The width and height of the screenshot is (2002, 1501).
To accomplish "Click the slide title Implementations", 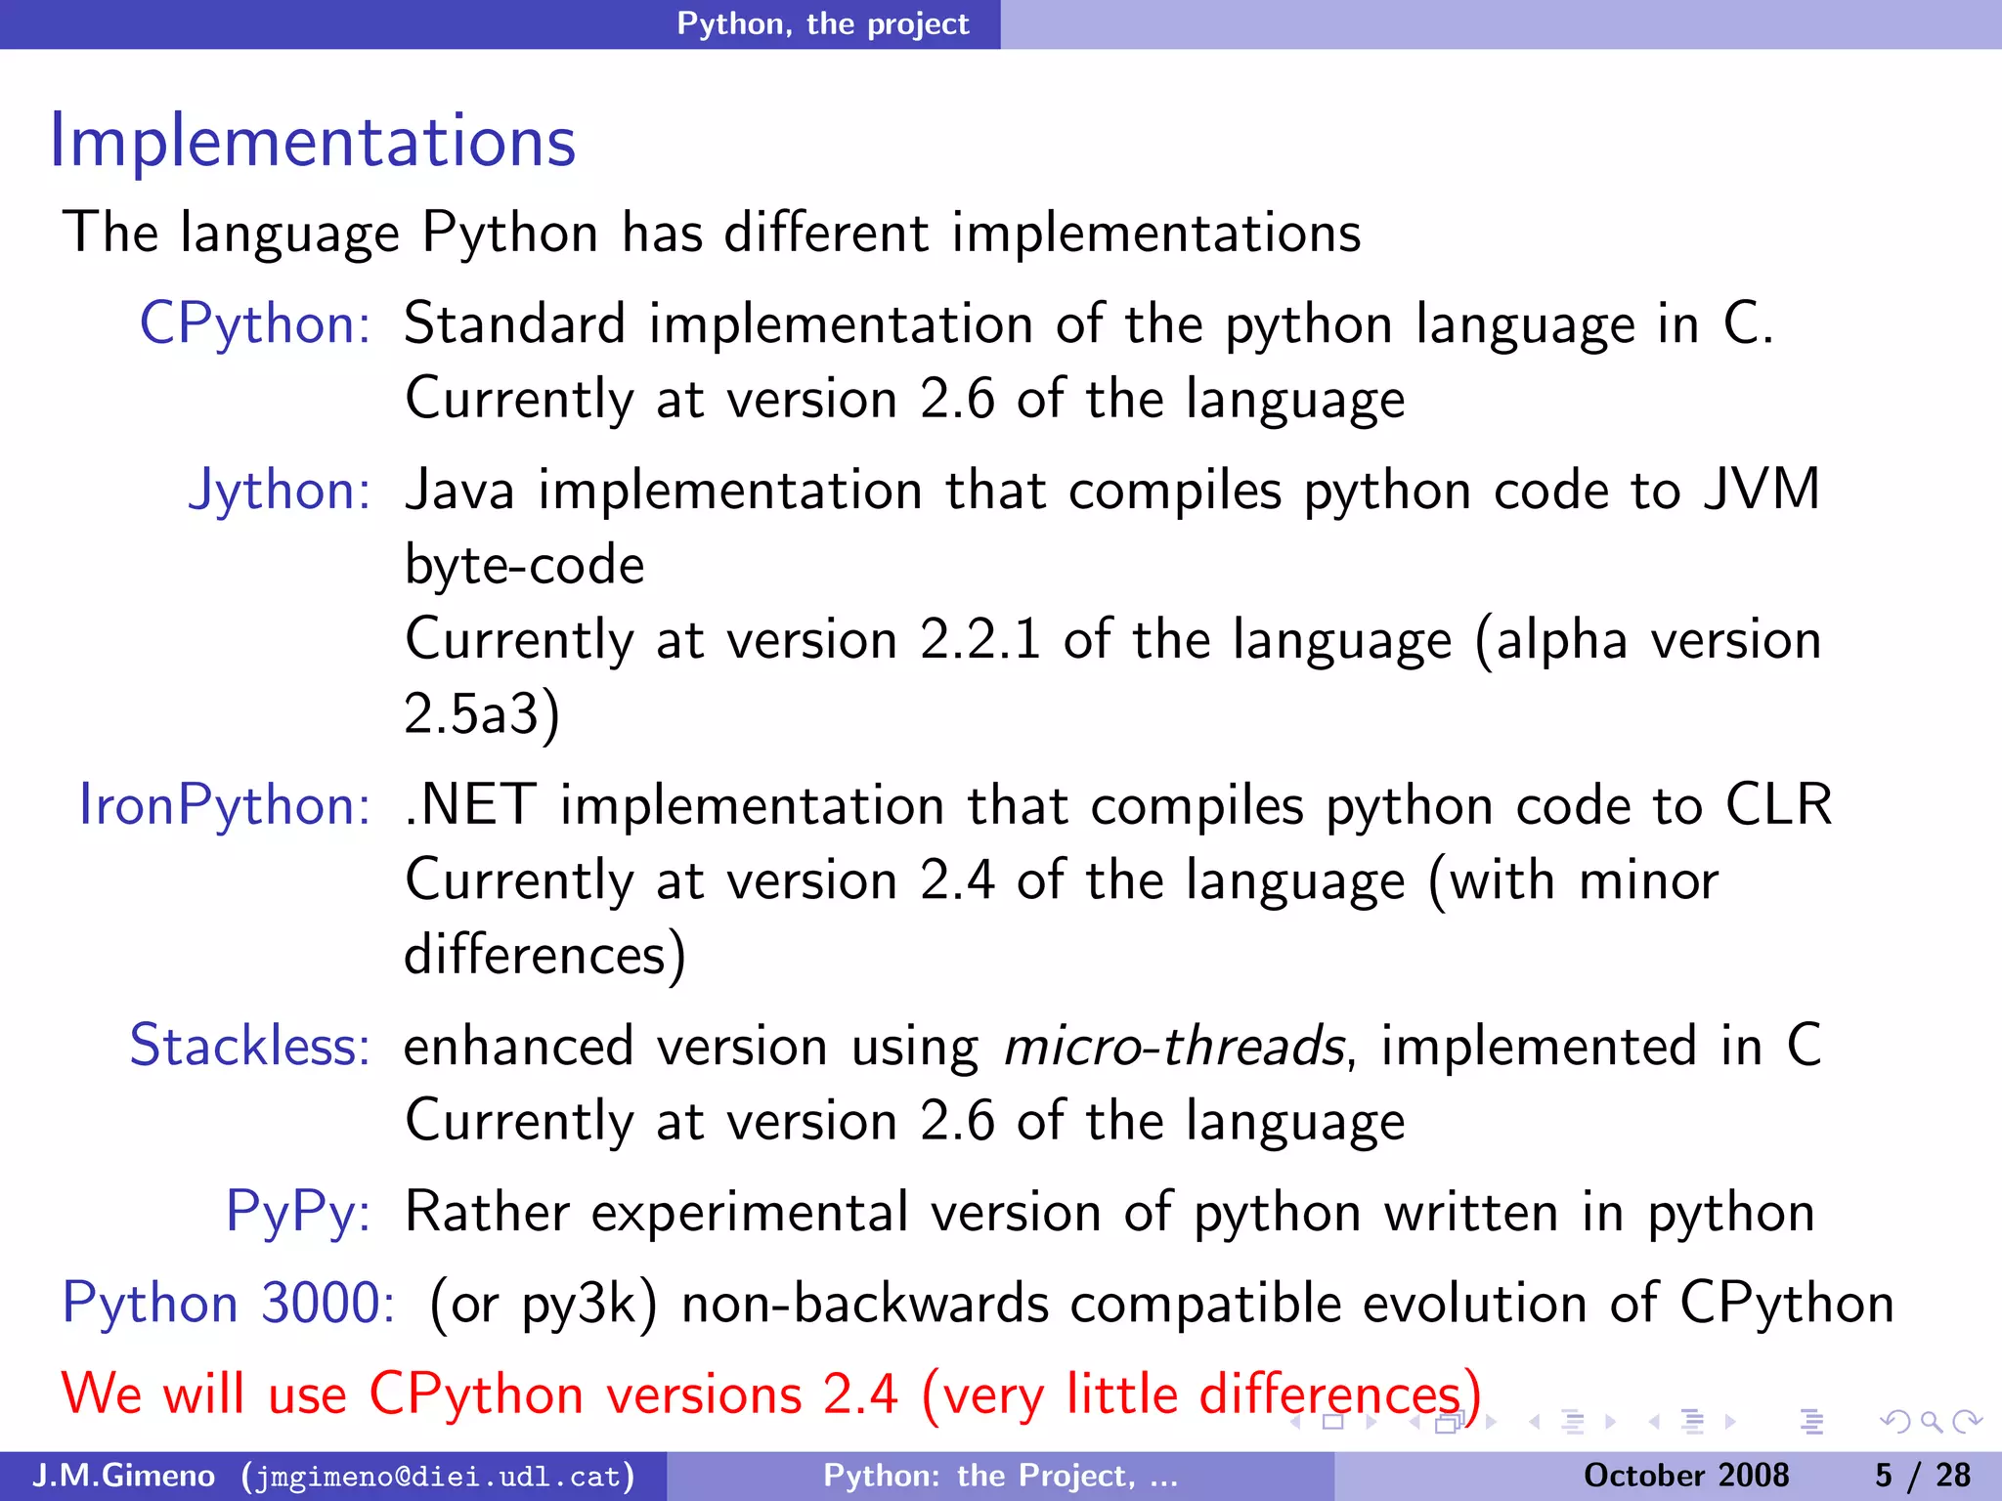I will (x=313, y=142).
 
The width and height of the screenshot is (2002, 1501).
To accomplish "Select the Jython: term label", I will (x=280, y=490).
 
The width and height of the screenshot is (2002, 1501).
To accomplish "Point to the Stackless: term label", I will (x=250, y=1046).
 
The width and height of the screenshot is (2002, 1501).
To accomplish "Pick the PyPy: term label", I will (x=298, y=1212).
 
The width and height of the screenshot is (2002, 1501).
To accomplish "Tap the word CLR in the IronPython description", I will (x=1778, y=805).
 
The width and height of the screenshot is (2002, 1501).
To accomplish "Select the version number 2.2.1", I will (x=979, y=640).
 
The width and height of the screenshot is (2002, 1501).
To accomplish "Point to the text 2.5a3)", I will (x=482, y=714).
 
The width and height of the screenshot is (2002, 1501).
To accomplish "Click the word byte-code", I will (x=525, y=566).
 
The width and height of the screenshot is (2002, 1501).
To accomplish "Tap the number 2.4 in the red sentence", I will (x=860, y=1394).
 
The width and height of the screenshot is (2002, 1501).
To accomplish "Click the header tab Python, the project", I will (x=823, y=23).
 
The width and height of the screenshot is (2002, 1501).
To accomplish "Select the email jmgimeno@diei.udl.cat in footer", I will (x=438, y=1476).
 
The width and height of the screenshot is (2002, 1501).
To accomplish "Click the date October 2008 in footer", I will (x=1685, y=1476).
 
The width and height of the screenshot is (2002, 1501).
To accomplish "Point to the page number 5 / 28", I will (x=1922, y=1476).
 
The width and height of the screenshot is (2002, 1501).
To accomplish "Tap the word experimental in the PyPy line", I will (x=750, y=1213).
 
